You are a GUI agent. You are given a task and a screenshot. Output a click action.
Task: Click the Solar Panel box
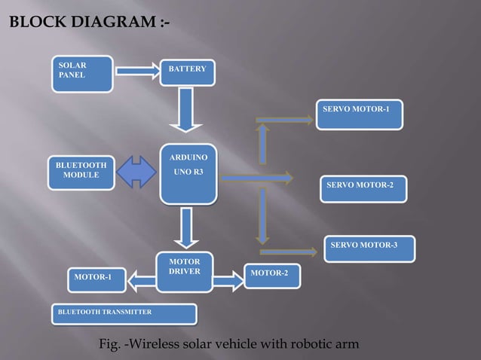(81, 73)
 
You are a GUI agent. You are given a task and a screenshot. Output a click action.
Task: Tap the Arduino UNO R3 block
(188, 174)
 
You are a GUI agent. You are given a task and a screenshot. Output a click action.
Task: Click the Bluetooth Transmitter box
(123, 313)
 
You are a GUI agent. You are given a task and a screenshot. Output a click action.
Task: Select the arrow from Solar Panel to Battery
(136, 72)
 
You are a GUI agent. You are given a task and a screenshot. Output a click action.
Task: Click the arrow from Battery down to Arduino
(185, 109)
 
